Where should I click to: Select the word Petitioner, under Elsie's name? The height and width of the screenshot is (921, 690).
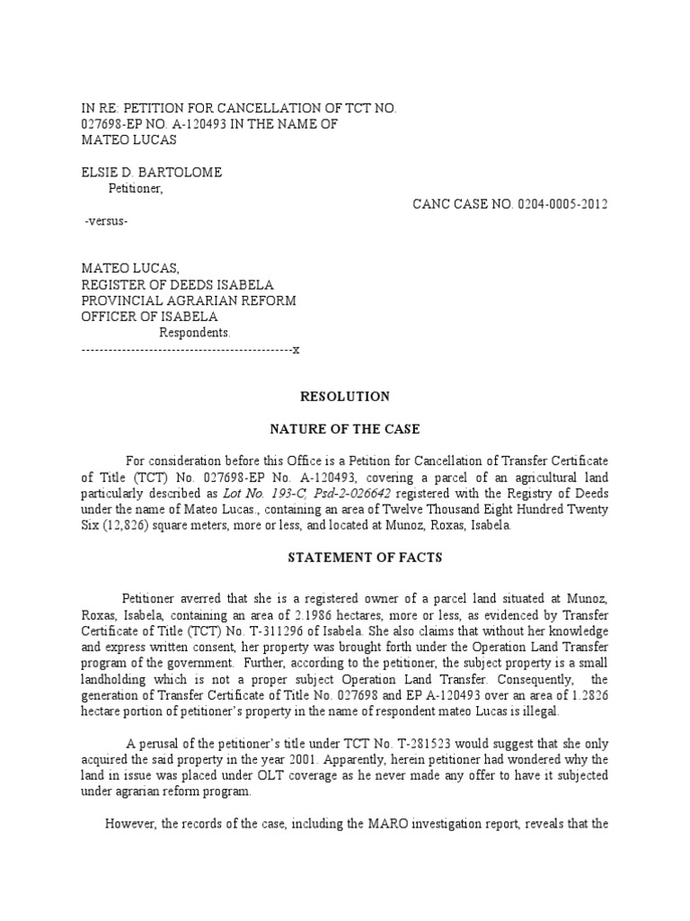click(137, 188)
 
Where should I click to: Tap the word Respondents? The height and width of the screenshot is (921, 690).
click(195, 333)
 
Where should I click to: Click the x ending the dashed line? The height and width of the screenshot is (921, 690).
click(295, 349)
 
